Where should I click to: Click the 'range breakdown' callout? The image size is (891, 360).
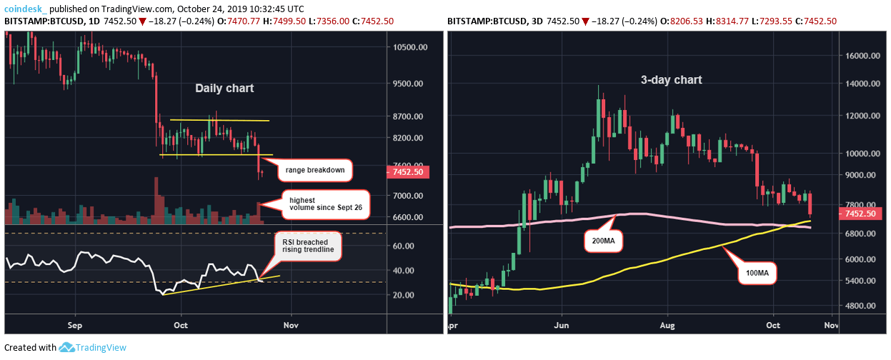315,171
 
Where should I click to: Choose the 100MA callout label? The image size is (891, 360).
756,272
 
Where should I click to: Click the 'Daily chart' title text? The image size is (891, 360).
225,89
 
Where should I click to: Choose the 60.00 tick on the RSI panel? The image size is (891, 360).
404,246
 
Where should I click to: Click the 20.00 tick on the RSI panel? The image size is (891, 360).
404,295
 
